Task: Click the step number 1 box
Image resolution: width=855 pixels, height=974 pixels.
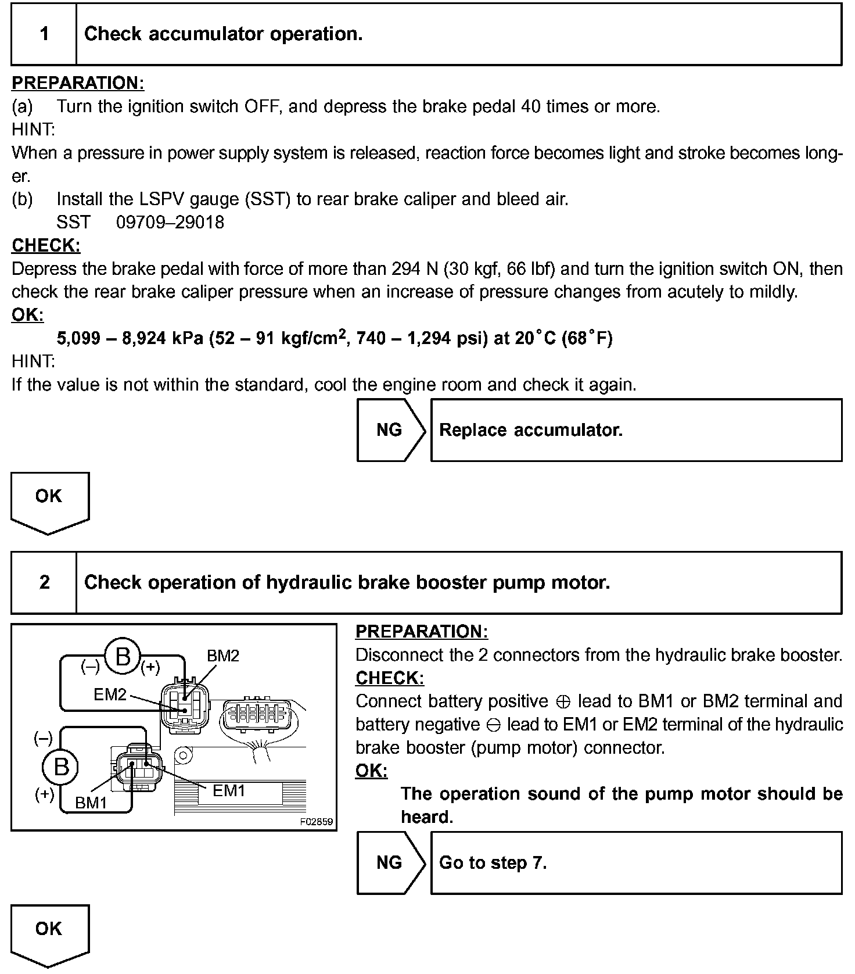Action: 44,34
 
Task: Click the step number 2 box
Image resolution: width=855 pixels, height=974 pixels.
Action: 44,582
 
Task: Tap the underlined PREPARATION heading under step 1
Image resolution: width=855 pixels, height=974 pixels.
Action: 78,83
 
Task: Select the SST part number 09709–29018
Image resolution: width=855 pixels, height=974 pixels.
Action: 170,222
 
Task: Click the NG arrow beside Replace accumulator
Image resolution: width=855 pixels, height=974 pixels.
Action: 390,430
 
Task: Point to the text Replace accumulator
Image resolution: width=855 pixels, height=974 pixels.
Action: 530,430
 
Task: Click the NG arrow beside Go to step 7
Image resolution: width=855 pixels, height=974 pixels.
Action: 390,862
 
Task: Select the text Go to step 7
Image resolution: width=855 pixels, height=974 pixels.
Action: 493,862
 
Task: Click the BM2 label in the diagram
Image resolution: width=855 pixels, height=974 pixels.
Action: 223,656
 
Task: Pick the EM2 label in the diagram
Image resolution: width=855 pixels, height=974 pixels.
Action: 110,694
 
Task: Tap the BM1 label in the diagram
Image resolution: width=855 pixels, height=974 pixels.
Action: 91,803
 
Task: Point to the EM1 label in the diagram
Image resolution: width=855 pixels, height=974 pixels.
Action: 229,790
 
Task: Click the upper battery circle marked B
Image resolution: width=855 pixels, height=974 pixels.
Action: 122,657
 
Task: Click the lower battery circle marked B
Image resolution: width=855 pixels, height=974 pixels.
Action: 60,767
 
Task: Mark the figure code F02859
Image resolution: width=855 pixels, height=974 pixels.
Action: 317,822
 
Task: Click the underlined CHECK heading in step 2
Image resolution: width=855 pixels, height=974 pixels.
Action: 390,678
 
